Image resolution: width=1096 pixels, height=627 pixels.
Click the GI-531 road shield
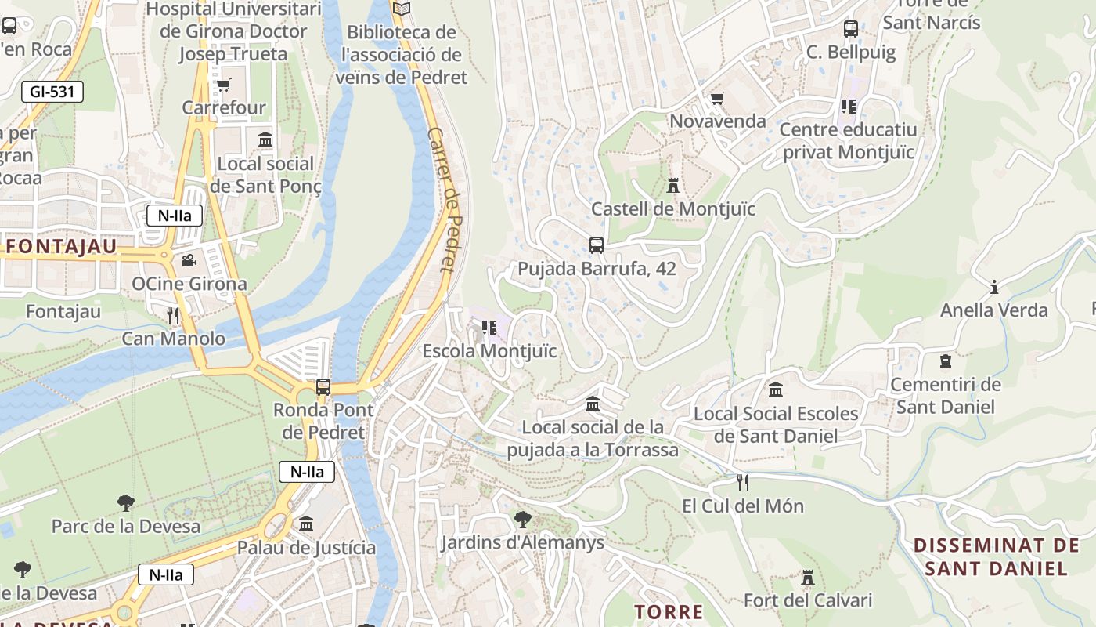[52, 92]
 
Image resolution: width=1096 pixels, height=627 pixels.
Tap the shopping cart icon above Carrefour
[224, 85]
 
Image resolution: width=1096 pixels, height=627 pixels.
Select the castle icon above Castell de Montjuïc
[673, 186]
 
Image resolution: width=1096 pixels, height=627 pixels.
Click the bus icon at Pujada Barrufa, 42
[597, 245]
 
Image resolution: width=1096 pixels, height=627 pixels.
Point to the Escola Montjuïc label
[489, 350]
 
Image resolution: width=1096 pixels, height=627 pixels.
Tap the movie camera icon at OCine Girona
[189, 260]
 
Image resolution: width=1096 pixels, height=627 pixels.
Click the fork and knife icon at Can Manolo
[174, 316]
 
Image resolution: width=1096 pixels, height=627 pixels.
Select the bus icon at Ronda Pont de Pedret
[323, 386]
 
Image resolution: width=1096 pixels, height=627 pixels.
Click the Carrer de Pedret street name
[442, 200]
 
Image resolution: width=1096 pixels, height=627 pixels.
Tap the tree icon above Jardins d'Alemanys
[522, 519]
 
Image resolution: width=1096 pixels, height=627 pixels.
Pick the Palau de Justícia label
[306, 547]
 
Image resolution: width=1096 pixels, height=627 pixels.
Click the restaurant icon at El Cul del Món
[743, 482]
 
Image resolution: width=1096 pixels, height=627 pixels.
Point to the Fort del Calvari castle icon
[808, 578]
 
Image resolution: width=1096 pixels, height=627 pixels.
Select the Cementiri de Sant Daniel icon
[946, 361]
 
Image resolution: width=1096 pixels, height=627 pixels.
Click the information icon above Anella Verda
[994, 287]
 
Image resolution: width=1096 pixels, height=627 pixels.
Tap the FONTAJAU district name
[62, 247]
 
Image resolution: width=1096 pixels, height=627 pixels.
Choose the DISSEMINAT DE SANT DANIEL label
[996, 556]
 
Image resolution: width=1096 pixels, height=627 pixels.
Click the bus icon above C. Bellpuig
[851, 30]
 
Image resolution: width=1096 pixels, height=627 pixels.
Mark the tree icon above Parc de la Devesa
[125, 502]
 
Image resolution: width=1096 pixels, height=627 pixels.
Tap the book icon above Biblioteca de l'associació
[402, 9]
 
